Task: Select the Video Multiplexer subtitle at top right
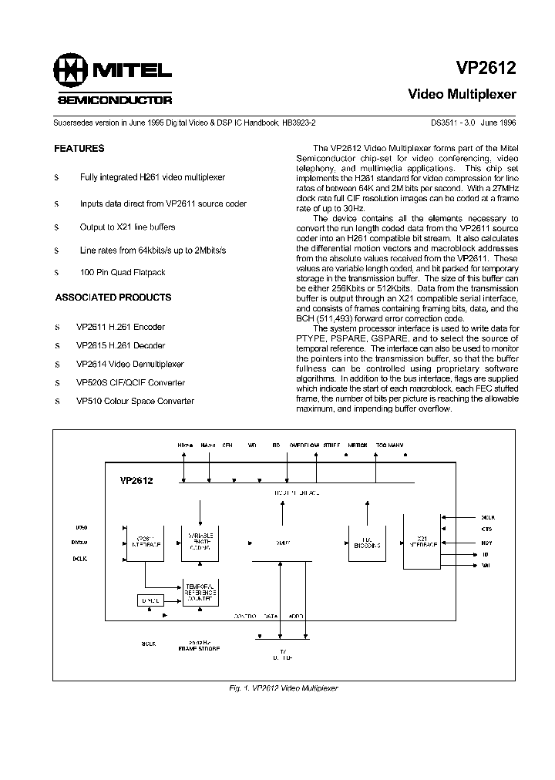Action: pos(462,95)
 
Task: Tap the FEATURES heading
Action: pos(79,149)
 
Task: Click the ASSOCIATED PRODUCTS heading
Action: pos(113,298)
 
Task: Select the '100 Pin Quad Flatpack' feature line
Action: pos(122,273)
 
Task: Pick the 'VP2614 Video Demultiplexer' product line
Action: pos(129,365)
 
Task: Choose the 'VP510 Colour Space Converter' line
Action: pos(135,402)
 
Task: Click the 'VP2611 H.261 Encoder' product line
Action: pos(120,328)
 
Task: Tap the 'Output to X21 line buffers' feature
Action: pos(127,227)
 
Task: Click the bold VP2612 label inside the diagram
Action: pos(136,481)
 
